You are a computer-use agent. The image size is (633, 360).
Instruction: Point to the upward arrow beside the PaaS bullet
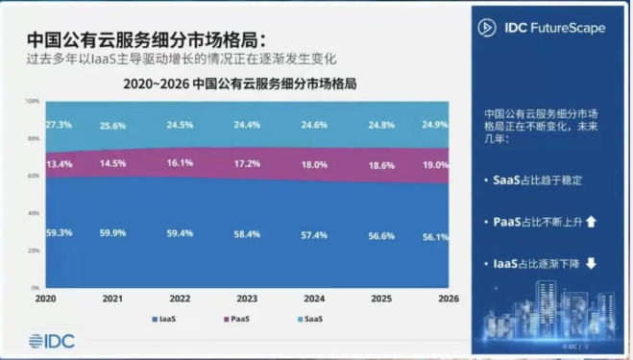[x=591, y=222]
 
